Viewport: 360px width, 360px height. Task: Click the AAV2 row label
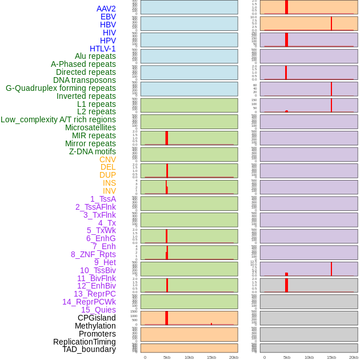point(106,9)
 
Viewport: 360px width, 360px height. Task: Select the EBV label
point(107,17)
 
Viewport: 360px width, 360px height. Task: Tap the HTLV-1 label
point(102,49)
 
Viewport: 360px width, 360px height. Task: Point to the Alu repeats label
point(95,57)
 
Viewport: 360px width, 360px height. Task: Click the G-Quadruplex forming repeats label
point(61,88)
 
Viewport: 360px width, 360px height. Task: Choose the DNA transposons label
point(85,80)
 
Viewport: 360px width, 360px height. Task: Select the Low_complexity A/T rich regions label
point(58,119)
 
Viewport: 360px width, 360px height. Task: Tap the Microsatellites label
point(90,127)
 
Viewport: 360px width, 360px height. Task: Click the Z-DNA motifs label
point(93,151)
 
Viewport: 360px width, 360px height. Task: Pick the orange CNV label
point(107,159)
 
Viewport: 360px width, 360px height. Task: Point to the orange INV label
point(109,191)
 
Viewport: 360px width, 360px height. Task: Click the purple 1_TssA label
point(103,199)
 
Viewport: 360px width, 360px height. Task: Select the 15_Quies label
point(98,310)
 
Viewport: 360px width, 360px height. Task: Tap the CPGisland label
point(97,318)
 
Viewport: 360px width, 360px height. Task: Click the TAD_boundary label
point(89,349)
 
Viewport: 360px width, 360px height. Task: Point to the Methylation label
point(95,326)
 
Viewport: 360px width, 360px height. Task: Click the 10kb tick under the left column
point(190,357)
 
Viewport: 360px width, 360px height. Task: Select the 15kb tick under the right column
point(331,357)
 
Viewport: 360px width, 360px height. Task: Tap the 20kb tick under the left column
point(233,357)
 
